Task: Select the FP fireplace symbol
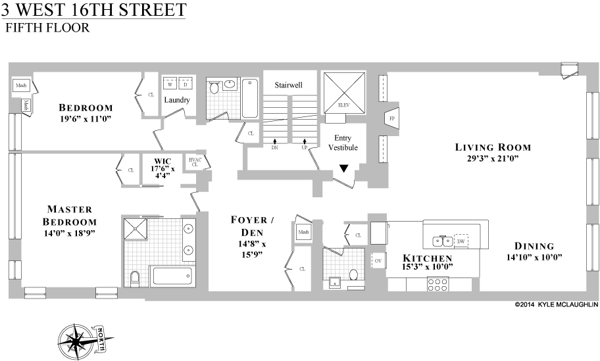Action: (x=392, y=118)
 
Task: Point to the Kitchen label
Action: (x=428, y=258)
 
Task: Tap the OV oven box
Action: (x=378, y=260)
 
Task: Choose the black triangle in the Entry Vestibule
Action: (x=343, y=169)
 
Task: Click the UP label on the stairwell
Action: (x=304, y=148)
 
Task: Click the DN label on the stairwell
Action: (x=274, y=148)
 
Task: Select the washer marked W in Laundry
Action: (x=170, y=85)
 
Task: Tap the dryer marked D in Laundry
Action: (x=185, y=85)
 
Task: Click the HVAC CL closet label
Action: (x=194, y=162)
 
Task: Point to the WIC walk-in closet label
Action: (x=162, y=160)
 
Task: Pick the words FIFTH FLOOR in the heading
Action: (x=47, y=28)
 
